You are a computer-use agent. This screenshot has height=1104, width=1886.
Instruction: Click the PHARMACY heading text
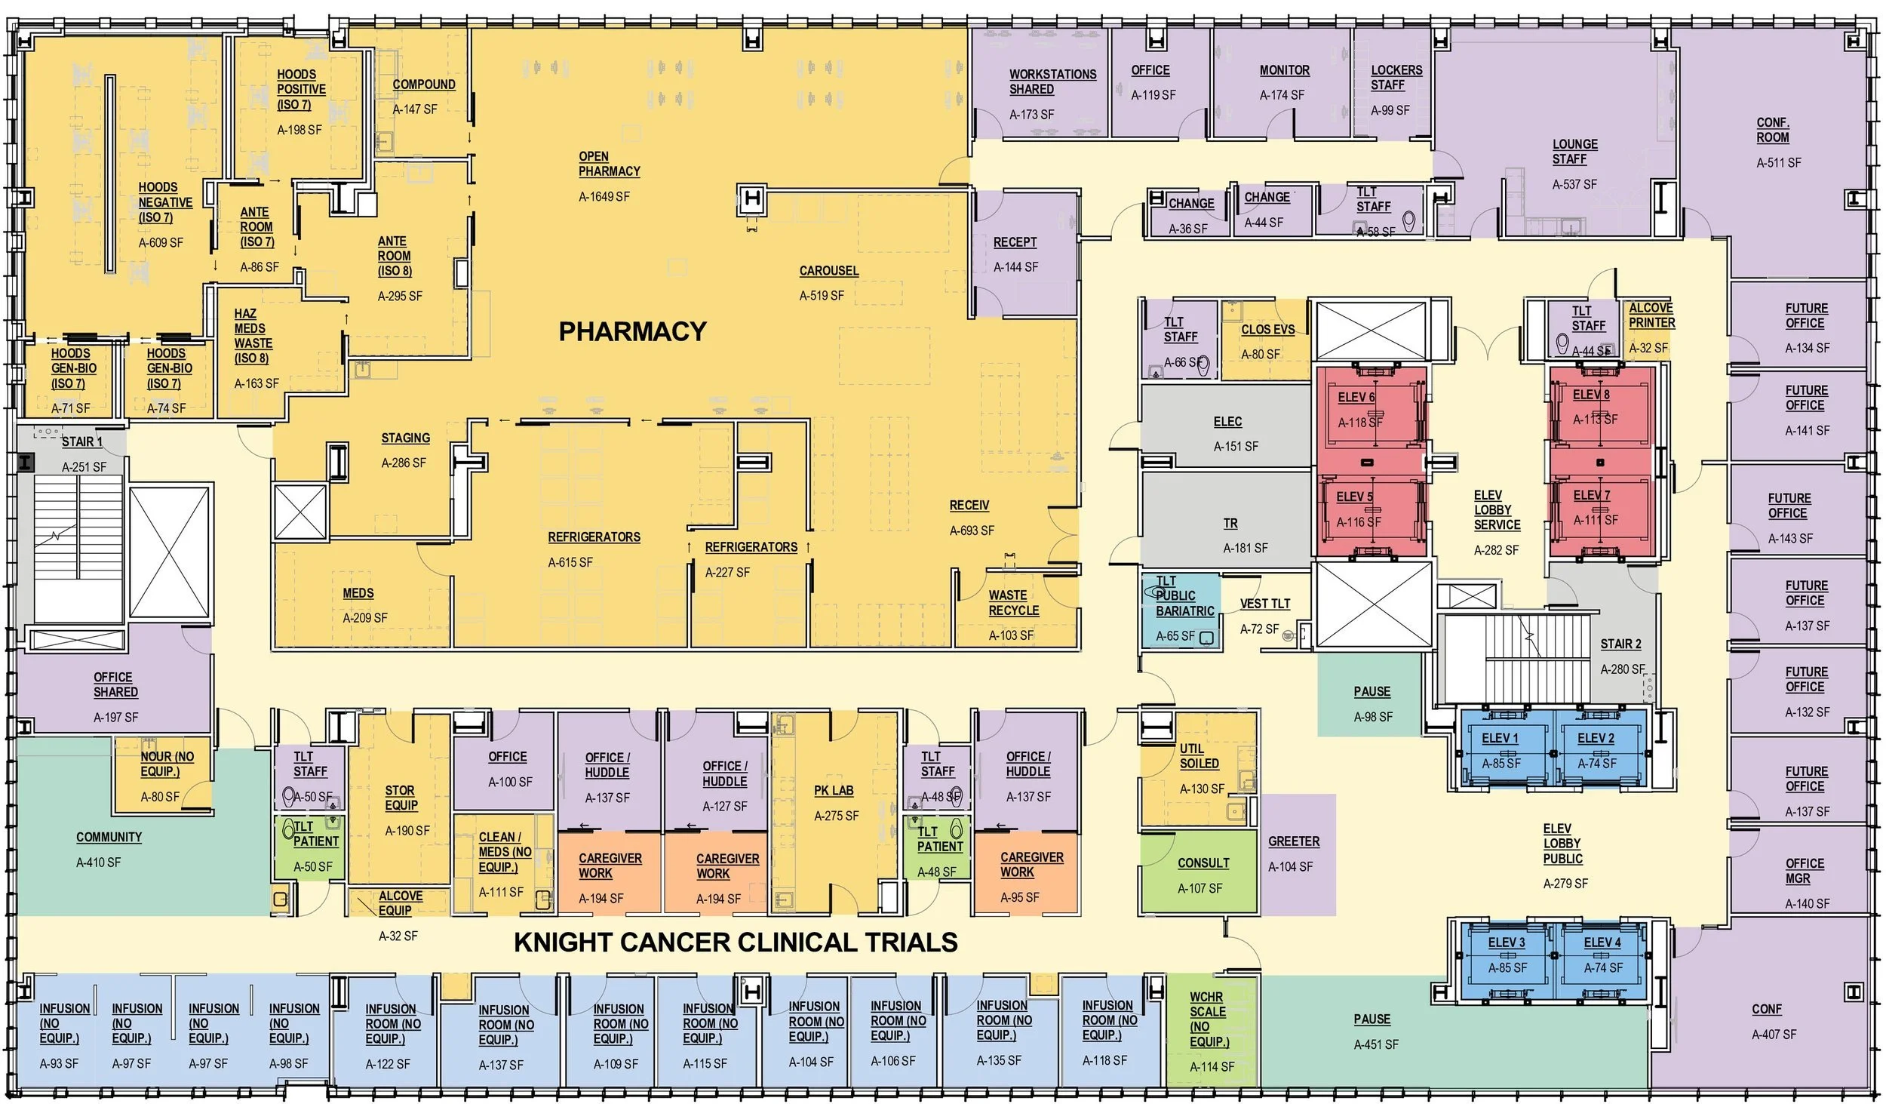click(x=632, y=331)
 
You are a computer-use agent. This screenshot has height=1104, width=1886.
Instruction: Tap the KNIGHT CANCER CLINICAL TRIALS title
click(x=736, y=943)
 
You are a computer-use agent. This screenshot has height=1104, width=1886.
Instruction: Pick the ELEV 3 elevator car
click(x=1507, y=956)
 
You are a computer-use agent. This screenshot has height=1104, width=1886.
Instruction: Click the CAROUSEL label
click(x=828, y=271)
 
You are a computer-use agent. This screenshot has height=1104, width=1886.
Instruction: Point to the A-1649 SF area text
click(x=604, y=197)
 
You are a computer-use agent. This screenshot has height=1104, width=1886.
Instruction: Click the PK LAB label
click(x=834, y=790)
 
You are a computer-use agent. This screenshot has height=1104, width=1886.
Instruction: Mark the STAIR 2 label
click(x=1620, y=644)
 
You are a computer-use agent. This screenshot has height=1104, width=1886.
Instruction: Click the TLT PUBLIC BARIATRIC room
click(x=1179, y=608)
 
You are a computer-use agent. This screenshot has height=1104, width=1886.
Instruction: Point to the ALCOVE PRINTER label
click(x=1651, y=315)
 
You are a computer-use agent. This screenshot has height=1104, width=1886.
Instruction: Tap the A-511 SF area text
click(x=1778, y=163)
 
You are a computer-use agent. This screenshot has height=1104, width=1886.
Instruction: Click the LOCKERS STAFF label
click(x=1396, y=78)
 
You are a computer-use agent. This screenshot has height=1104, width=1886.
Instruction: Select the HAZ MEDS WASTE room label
click(x=253, y=336)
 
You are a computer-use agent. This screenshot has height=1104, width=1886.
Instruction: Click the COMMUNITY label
click(x=109, y=838)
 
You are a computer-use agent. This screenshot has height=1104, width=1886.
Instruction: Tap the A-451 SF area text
click(x=1375, y=1045)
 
